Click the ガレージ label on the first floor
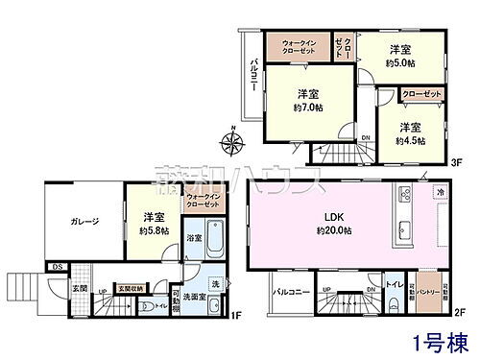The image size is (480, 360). point(84,222)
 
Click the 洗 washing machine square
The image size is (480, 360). point(216,284)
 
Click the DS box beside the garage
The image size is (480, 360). point(57,266)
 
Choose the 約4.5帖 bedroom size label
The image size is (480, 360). point(410,138)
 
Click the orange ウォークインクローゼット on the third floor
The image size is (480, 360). point(306,46)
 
